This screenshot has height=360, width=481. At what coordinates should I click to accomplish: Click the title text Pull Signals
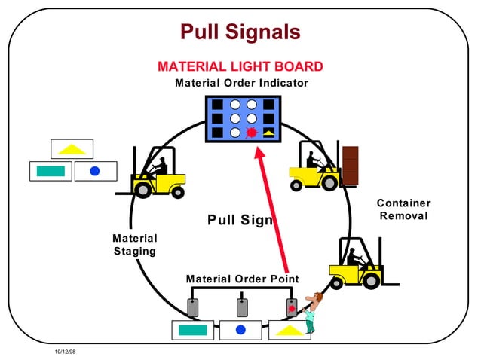240,32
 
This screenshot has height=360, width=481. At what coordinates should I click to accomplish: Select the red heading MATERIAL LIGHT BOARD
240,67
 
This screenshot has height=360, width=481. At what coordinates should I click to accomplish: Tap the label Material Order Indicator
241,83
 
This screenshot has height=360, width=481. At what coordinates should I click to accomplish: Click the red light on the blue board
252,133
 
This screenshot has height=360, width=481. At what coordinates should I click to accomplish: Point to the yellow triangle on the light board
269,133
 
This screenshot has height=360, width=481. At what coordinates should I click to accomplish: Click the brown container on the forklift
350,165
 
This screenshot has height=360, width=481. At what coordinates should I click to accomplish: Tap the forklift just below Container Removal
357,264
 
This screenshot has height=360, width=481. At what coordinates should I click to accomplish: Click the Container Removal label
403,210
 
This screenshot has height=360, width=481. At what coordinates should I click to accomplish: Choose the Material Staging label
135,245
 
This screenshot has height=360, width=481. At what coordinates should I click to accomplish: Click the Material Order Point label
242,279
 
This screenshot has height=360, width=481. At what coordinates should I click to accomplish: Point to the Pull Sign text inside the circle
240,220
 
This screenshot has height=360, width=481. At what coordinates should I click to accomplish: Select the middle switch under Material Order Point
242,307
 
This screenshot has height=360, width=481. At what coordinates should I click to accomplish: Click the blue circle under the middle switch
241,329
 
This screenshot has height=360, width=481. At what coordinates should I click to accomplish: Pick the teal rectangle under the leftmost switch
193,329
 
